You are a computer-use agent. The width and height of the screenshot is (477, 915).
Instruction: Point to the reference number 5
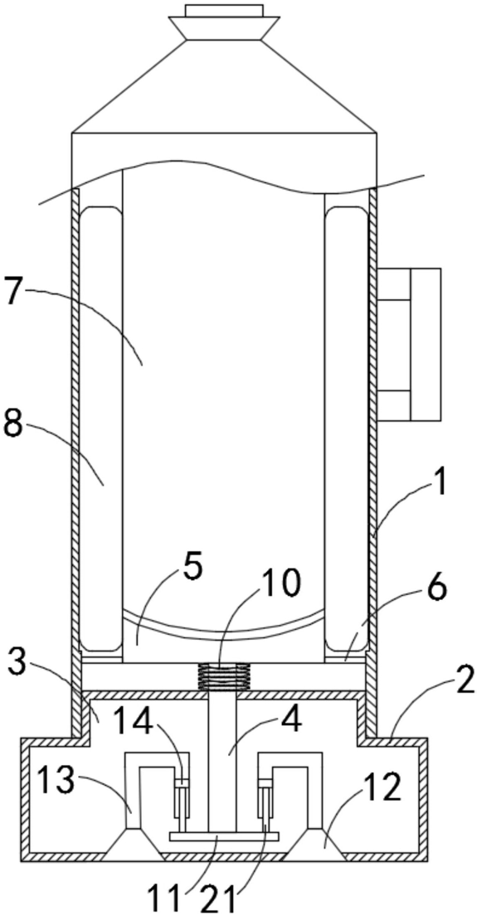coord(192,569)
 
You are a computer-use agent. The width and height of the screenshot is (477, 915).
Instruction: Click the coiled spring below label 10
coord(221,676)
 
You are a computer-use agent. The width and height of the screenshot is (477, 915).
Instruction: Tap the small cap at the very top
coord(224,11)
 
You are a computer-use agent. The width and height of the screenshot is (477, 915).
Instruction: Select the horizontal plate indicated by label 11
coord(224,837)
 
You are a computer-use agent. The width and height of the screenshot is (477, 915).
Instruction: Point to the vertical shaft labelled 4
coord(222,761)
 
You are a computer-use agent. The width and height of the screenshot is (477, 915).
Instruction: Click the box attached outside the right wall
coord(409,344)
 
